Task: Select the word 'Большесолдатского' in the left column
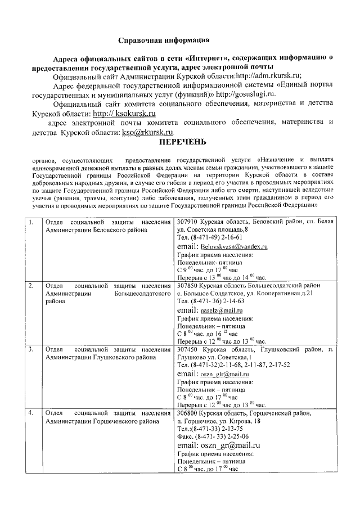click(x=142, y=294)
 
